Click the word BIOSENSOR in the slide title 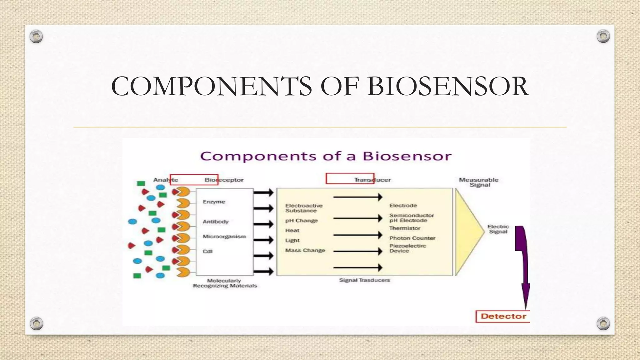pos(448,86)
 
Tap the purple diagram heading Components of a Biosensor pos(326,156)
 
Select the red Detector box pos(503,316)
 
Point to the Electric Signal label pos(498,229)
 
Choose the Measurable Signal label pos(479,182)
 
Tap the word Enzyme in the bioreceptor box pos(214,202)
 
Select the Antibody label pos(216,222)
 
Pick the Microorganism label pos(224,237)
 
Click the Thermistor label pos(405,228)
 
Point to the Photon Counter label pos(412,238)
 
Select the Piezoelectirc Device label pos(407,248)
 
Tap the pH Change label pos(301,221)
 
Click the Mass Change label pos(305,250)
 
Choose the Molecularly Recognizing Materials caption pos(225,283)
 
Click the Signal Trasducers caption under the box pos(364,280)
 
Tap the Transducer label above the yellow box pos(372,180)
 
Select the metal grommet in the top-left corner pos(36,37)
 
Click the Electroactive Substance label pos(303,208)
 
